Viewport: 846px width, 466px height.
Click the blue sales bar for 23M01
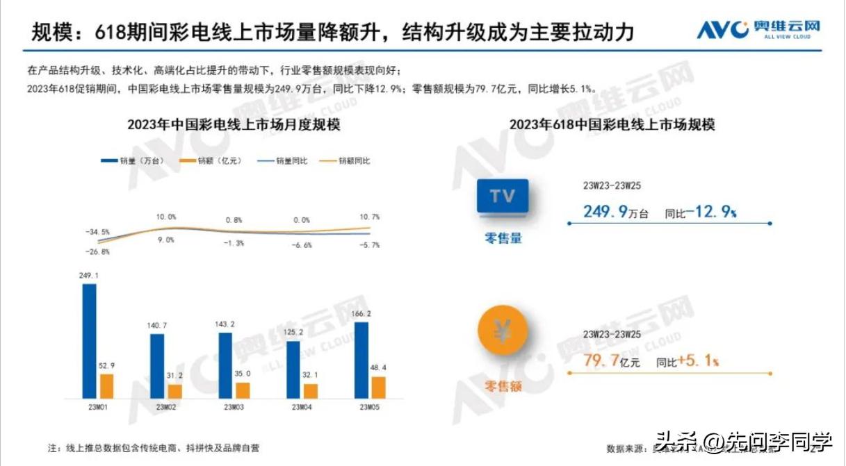(x=90, y=340)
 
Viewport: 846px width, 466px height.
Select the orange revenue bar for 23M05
(x=378, y=387)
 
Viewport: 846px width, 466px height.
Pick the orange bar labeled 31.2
(x=174, y=391)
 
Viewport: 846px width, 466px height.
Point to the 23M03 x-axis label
(x=234, y=407)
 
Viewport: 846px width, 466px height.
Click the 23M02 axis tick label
(x=166, y=407)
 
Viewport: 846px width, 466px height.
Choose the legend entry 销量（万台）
(x=133, y=161)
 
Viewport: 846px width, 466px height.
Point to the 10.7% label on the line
(x=371, y=217)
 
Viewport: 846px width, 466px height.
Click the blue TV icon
(x=503, y=197)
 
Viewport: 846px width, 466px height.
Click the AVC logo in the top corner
(x=758, y=29)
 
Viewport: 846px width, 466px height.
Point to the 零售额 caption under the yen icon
(x=503, y=386)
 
